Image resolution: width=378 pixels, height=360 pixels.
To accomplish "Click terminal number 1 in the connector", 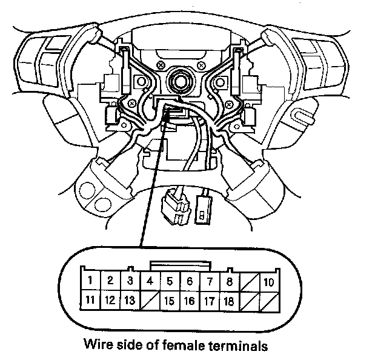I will click(x=90, y=281).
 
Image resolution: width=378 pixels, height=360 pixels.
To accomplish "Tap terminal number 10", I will click(x=268, y=282).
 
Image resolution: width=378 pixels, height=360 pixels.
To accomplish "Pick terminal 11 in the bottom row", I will click(x=90, y=299).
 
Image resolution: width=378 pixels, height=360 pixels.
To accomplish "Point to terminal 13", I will click(x=130, y=299).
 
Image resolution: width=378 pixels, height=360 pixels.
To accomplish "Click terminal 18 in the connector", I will click(x=228, y=300).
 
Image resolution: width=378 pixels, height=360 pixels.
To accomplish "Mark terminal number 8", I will click(x=228, y=281).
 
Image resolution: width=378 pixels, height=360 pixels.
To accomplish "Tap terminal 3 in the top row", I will click(x=130, y=281).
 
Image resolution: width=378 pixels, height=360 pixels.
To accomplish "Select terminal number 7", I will click(x=209, y=281).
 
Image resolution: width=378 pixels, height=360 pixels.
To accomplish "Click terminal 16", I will click(x=189, y=300).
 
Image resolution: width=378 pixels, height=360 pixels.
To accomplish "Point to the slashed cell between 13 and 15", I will click(x=150, y=300).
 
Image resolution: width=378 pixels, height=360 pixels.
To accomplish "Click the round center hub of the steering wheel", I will click(x=180, y=79).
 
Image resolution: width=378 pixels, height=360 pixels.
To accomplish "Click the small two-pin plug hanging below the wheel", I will click(x=202, y=208).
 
